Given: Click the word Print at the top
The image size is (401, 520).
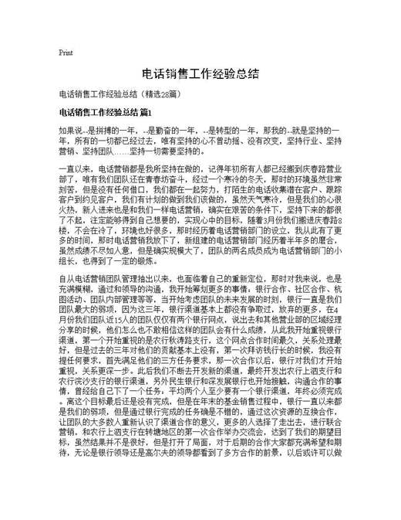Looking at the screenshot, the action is coord(66,53).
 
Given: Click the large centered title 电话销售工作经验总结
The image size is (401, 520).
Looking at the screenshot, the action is coord(200,74).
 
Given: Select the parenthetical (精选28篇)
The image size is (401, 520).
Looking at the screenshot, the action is coord(160,94).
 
